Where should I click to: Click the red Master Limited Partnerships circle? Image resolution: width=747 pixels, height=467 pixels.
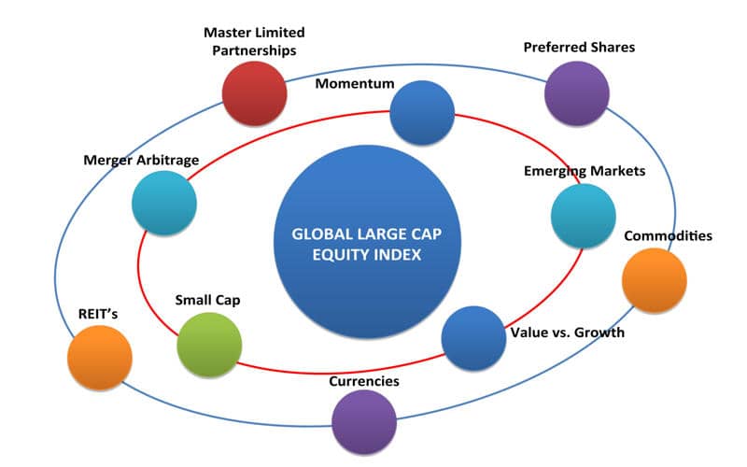(254, 93)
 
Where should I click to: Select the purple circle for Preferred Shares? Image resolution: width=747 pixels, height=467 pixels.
(577, 93)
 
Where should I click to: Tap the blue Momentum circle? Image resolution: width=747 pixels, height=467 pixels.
(422, 112)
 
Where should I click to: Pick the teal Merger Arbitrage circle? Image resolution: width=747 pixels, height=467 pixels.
(164, 203)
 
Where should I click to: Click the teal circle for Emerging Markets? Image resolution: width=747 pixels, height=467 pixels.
(583, 216)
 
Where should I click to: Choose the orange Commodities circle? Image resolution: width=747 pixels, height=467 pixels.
(655, 280)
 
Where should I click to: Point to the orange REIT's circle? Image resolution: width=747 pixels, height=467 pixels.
(100, 358)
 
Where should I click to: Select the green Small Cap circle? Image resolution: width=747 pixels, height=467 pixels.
(209, 345)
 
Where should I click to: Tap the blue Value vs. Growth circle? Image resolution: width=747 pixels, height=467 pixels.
(473, 338)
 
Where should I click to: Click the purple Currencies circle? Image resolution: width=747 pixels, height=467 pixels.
(364, 422)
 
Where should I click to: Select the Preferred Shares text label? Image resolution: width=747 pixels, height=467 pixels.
(579, 48)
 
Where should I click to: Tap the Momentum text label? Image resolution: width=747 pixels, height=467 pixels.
(355, 83)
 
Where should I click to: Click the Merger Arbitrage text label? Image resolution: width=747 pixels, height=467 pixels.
(141, 160)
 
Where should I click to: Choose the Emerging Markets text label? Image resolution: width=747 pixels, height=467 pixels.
(585, 171)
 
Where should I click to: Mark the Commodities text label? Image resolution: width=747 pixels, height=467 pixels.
(668, 236)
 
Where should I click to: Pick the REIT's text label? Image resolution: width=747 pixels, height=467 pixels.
(98, 314)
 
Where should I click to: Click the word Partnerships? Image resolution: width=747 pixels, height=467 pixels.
(254, 50)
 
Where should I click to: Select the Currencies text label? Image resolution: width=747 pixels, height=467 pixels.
(364, 381)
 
